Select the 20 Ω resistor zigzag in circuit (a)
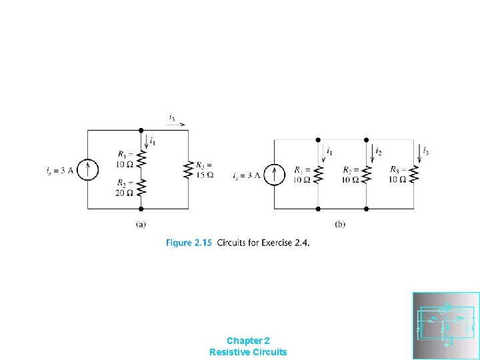point(141,188)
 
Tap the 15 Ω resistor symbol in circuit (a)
point(189,169)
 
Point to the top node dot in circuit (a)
point(141,131)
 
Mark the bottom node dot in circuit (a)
point(141,209)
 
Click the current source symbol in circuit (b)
point(274,174)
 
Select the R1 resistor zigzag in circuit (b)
point(318,174)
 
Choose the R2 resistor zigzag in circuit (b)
point(366,174)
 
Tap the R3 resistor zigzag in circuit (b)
point(413,174)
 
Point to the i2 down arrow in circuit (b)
point(371,153)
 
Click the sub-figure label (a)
point(141,224)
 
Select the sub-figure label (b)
point(340,224)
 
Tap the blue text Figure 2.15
point(189,243)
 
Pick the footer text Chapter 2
point(248,340)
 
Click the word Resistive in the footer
point(230,351)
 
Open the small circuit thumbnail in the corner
point(446,325)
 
